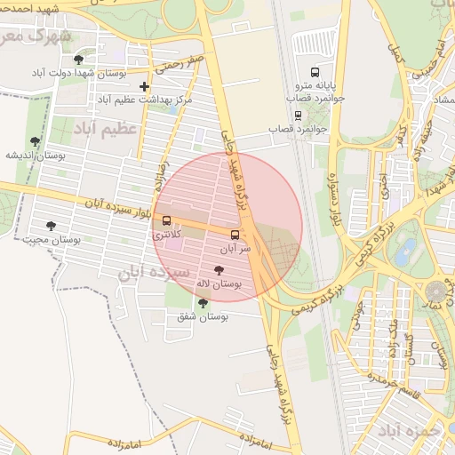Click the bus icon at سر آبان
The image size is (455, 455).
tap(235, 235)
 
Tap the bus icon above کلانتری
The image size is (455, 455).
tap(166, 220)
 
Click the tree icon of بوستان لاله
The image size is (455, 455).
tap(219, 269)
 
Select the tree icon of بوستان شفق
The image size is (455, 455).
tap(203, 303)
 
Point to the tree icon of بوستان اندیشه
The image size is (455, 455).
tap(35, 141)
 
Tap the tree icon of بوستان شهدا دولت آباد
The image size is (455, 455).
tap(79, 59)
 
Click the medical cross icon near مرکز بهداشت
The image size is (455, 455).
tap(144, 86)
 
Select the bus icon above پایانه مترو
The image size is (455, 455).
tap(314, 72)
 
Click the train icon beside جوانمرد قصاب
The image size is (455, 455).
tap(298, 114)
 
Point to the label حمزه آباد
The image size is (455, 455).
tap(410, 431)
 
